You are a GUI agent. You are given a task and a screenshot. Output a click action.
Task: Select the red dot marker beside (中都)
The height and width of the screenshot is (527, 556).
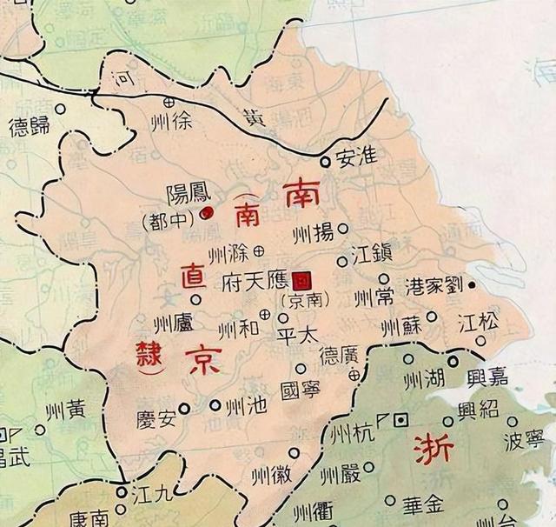pos(206,213)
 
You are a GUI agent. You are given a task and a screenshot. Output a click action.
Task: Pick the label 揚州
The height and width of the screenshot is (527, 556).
pos(314,231)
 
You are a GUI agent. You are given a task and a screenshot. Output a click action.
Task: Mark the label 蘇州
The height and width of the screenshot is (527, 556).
pos(401,326)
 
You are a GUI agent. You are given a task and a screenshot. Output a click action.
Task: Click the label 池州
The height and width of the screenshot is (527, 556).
pos(242,405)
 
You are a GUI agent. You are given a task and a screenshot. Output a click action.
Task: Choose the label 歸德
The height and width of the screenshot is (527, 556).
pos(30,127)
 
